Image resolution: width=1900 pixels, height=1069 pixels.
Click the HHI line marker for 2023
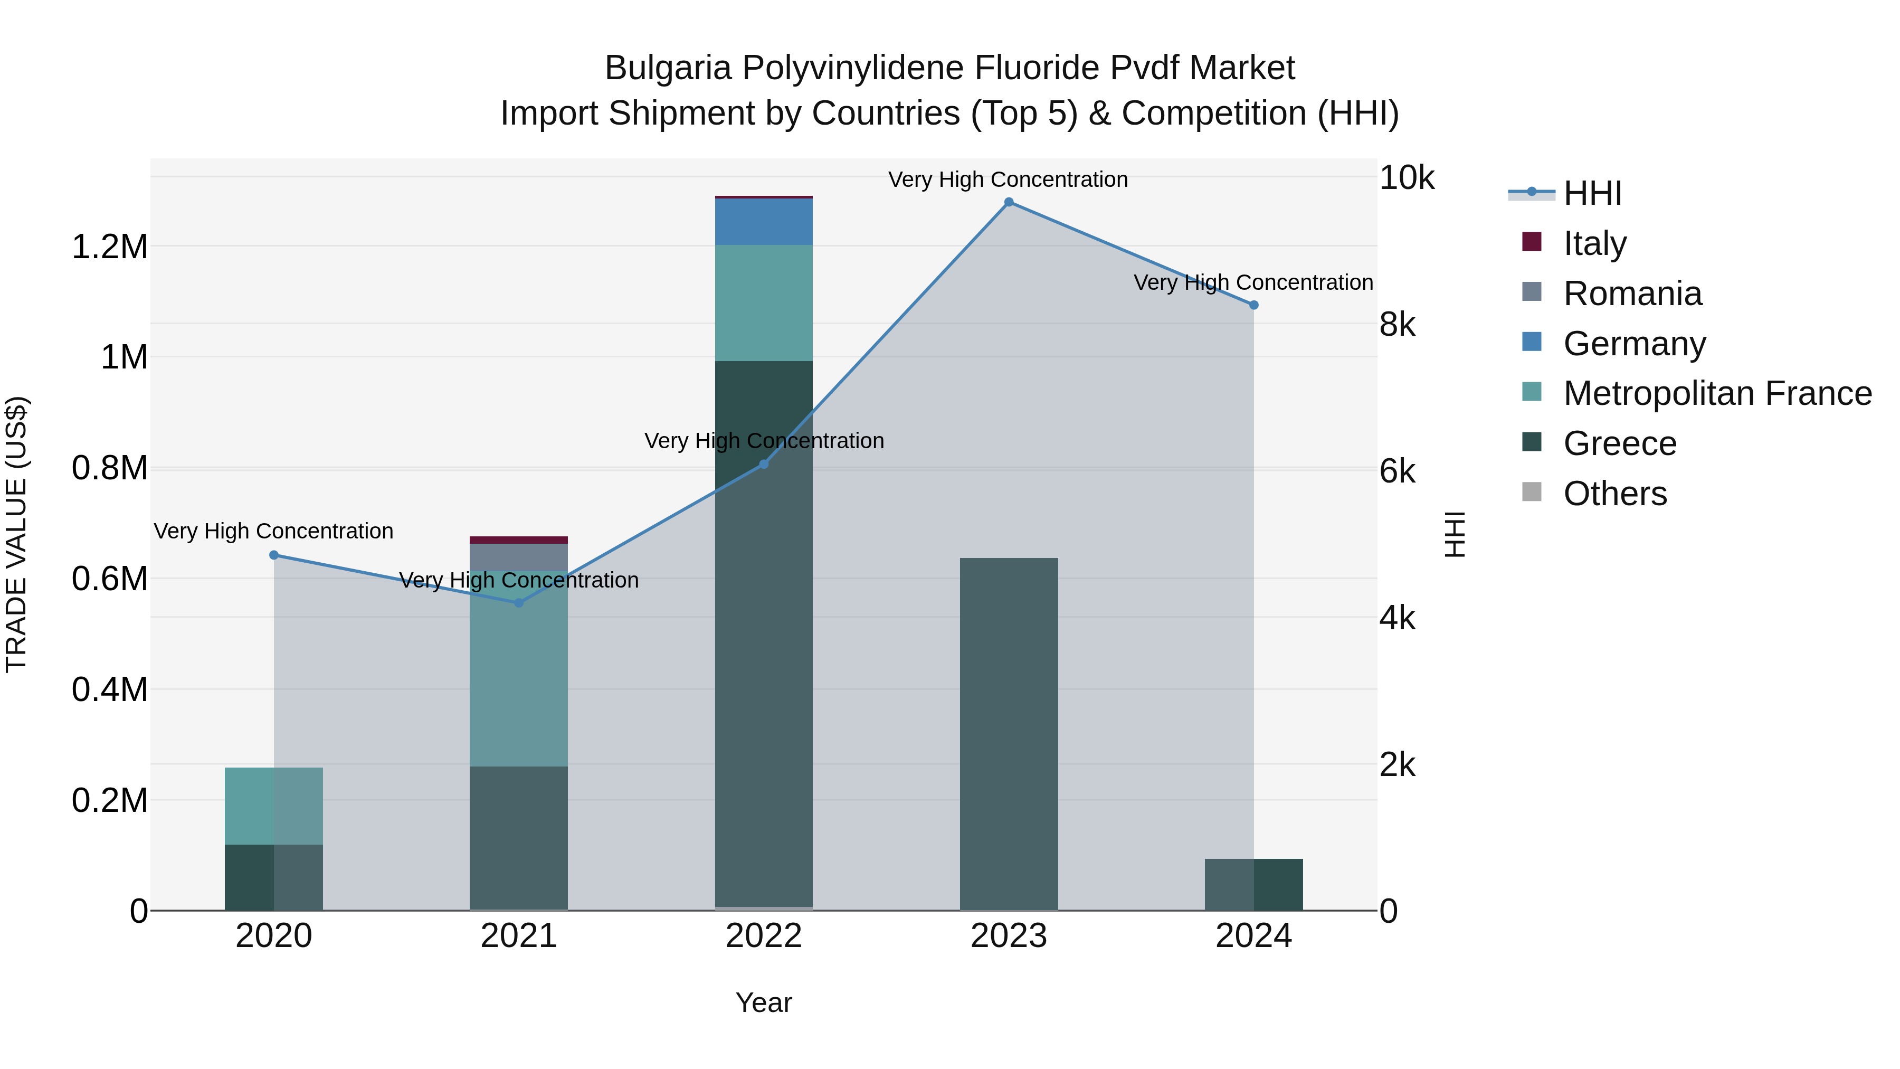click(1008, 202)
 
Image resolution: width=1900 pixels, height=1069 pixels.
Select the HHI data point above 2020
click(273, 555)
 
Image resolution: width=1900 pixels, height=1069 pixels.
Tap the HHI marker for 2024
click(1253, 305)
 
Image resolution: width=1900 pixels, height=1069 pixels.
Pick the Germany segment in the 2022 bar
click(763, 221)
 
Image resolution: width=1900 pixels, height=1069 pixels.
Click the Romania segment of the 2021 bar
click(518, 556)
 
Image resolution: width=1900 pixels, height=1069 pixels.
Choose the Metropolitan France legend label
click(1717, 393)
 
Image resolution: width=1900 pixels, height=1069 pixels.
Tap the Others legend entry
click(1614, 494)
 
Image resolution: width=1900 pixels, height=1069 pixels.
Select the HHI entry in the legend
click(1592, 193)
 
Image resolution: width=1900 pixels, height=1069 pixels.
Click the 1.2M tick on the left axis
click(110, 247)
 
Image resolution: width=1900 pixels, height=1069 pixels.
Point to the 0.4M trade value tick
click(110, 690)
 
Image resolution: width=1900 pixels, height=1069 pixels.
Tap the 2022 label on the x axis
click(763, 936)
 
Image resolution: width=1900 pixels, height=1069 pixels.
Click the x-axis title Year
click(763, 1002)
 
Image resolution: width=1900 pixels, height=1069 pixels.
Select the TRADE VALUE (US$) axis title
click(16, 534)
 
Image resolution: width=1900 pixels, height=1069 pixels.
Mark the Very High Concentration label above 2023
click(1008, 179)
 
